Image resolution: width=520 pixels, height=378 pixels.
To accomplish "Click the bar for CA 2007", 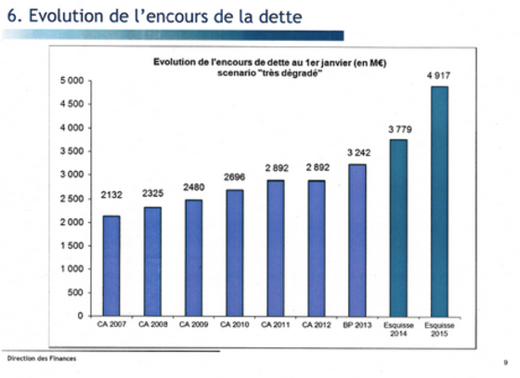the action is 111,266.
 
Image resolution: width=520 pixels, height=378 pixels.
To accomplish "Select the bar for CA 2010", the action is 234,253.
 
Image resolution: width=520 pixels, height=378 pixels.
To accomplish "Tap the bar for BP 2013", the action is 357,240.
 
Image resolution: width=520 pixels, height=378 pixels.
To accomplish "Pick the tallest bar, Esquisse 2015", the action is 439,202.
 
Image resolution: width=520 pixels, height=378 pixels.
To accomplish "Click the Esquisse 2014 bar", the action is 398,228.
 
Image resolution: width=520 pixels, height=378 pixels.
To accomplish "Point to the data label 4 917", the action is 438,76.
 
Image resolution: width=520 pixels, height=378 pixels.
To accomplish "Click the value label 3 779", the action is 400,129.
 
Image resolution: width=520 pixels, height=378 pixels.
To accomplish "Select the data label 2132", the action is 111,195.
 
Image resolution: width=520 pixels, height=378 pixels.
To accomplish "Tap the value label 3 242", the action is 358,153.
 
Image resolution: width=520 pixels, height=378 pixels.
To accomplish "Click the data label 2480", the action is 194,188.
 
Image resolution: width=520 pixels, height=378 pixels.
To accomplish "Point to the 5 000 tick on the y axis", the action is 72,81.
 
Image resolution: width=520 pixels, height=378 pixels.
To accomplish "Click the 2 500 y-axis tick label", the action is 72,199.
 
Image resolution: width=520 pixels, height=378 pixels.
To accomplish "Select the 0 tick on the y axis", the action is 80,316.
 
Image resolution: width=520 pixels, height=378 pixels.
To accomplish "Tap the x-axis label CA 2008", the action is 153,325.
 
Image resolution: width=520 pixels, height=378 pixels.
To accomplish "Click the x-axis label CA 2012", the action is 317,325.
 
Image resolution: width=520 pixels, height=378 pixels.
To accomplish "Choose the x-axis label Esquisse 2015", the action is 439,330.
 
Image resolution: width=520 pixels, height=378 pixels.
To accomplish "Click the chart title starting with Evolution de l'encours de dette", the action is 269,67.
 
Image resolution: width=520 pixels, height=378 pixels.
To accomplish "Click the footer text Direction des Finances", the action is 42,358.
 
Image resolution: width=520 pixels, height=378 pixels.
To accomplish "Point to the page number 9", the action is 506,362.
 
